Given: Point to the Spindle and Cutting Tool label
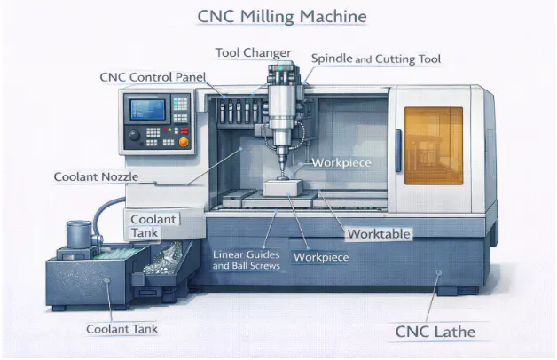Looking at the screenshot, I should (376, 59).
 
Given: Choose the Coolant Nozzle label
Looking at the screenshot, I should (95, 176).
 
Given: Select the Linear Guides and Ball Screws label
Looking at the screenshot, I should (247, 260).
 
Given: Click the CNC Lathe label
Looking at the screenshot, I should (435, 333).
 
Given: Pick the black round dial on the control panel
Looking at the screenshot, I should (136, 138).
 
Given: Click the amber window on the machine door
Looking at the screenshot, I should (434, 145).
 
